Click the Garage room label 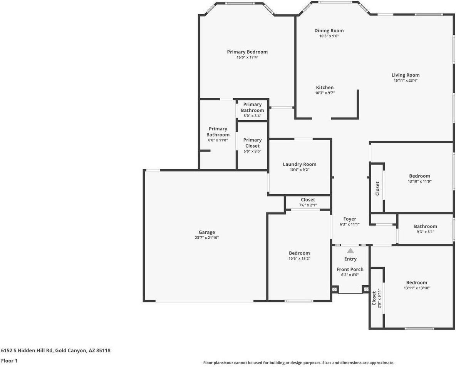coord(207,232)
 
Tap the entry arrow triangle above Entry coord(350,251)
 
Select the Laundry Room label coord(299,164)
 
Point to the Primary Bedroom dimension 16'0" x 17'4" coord(247,57)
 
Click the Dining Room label coord(329,30)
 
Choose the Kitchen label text coord(325,88)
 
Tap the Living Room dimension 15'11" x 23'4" coord(405,81)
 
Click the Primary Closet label coord(252,143)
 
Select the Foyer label coord(350,219)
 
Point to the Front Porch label coord(350,269)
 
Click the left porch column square coord(335,289)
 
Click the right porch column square coord(366,289)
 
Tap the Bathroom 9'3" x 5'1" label coord(425,227)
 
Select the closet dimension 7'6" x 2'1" coord(308,205)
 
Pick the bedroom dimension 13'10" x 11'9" coord(419,181)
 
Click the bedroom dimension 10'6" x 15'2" coord(299,259)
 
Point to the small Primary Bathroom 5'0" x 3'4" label coord(252,110)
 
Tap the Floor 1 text coord(9,361)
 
